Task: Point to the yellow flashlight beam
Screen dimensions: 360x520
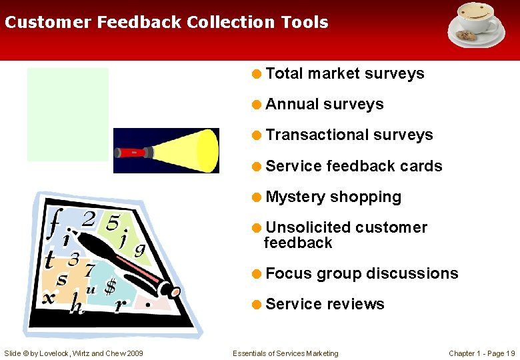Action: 187,151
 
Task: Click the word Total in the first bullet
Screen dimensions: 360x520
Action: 285,73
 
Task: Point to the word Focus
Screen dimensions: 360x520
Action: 289,273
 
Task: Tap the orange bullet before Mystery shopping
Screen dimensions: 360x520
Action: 257,197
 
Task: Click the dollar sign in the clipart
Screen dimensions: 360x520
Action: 111,286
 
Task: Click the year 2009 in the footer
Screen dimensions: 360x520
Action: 133,353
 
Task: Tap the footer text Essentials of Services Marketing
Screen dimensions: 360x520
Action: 285,353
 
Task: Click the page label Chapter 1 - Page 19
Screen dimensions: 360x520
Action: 481,353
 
